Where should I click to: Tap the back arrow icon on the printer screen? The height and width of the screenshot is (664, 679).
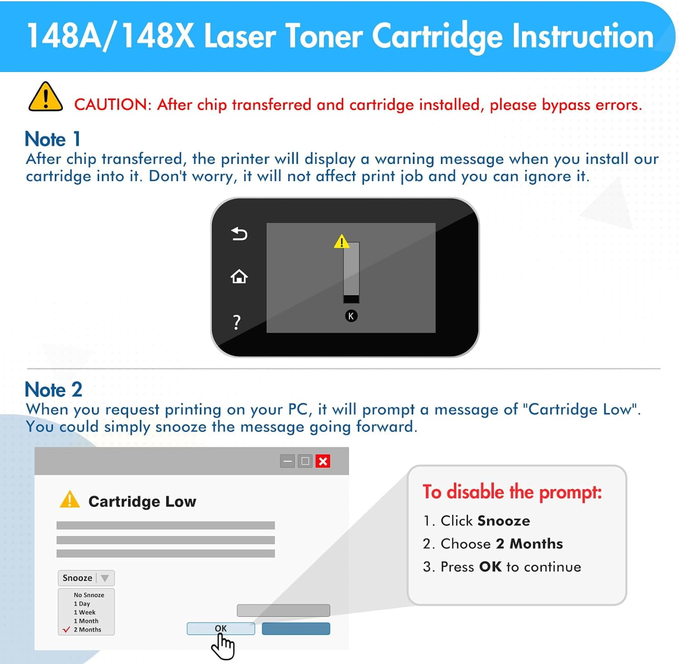point(239,234)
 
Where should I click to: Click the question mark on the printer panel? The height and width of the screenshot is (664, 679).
point(237,322)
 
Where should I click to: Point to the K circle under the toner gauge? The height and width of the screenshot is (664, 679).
point(351,316)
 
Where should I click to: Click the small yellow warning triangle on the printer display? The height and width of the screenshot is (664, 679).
point(341,242)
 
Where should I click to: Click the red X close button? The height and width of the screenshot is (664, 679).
point(323,461)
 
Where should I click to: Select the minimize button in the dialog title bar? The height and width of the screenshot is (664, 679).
point(287,461)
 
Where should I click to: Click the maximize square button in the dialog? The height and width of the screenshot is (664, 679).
point(305,461)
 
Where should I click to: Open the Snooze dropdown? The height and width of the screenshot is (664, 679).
point(86,578)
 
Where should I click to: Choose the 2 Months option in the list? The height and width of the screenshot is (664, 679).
point(87,630)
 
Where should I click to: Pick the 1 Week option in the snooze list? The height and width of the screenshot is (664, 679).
point(85,612)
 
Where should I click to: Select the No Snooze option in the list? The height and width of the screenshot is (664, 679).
point(89,595)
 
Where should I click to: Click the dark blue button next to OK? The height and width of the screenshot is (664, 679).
point(296,629)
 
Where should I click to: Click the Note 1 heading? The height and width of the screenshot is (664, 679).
point(53,139)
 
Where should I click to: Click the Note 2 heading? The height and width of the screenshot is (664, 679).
point(53,390)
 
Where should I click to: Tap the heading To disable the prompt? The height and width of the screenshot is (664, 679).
point(512,492)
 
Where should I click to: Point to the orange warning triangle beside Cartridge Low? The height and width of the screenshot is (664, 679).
point(70,500)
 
